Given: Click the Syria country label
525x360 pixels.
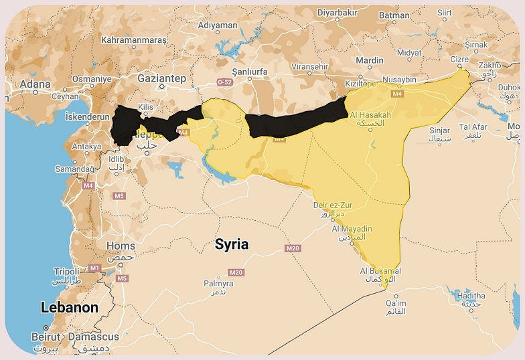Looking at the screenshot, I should pyautogui.click(x=231, y=244).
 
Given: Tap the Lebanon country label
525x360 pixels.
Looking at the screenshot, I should pyautogui.click(x=70, y=308).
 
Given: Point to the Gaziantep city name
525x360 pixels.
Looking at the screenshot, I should pyautogui.click(x=161, y=78).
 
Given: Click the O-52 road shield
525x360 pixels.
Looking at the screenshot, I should pyautogui.click(x=224, y=82).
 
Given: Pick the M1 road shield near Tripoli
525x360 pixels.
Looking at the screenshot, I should pyautogui.click(x=94, y=268).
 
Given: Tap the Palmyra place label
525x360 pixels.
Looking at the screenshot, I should pyautogui.click(x=218, y=284).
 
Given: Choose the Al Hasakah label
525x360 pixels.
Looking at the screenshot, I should pyautogui.click(x=370, y=114).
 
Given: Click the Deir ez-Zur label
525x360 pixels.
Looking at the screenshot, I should pyautogui.click(x=333, y=205).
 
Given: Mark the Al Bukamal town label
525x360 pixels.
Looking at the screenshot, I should pyautogui.click(x=380, y=271).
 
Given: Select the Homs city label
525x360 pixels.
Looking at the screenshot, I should pyautogui.click(x=121, y=246).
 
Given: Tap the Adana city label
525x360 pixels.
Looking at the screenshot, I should pyautogui.click(x=35, y=84).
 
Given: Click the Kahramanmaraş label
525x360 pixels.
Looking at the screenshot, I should pyautogui.click(x=133, y=40).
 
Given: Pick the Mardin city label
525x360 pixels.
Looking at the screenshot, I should pyautogui.click(x=370, y=60).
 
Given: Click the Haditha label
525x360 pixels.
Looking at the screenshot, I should pyautogui.click(x=470, y=295).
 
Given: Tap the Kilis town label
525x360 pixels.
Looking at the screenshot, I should pyautogui.click(x=145, y=106).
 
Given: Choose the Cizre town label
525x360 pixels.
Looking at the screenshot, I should pyautogui.click(x=459, y=59).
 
